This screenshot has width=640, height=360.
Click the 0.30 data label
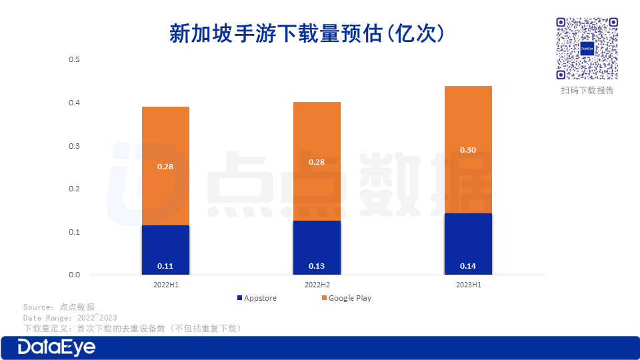[x=468, y=150]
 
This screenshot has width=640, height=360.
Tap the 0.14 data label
[x=468, y=266]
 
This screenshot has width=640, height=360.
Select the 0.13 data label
[x=317, y=266]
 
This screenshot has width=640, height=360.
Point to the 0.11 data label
[x=165, y=266]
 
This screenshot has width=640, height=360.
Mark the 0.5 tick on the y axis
[x=74, y=60]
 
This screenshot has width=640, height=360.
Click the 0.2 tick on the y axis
[x=74, y=189]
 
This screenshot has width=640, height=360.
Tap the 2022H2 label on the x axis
[x=317, y=285]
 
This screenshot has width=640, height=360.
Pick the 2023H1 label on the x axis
[x=468, y=285]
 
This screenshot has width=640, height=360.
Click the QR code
[x=587, y=49]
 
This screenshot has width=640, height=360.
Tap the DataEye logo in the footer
[x=57, y=347]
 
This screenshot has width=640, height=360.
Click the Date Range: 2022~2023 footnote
[x=70, y=318]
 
